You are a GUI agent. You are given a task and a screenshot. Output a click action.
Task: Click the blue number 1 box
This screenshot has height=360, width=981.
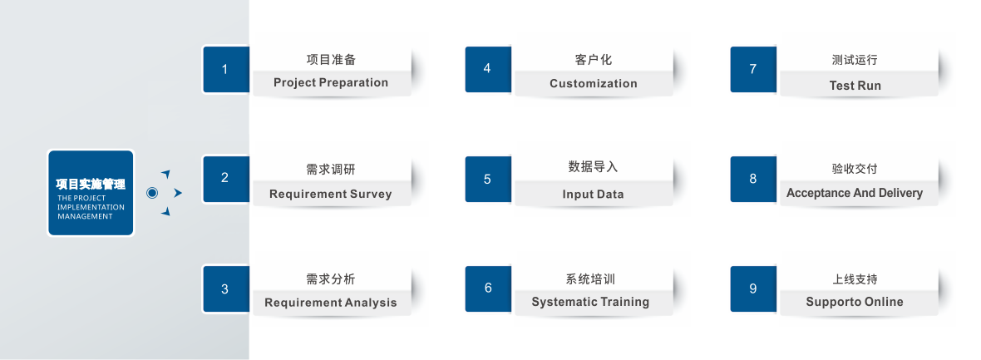point(226,69)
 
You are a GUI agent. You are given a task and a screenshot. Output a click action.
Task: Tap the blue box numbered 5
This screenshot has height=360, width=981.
point(488,179)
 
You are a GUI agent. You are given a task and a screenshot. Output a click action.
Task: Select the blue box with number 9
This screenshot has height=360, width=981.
point(753,288)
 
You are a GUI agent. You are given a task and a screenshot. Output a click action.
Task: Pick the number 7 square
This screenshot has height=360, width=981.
point(753,69)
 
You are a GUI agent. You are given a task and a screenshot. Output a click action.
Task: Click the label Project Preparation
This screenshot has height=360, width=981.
point(331,82)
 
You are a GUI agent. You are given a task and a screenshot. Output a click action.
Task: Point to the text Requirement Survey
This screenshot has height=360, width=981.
point(330,194)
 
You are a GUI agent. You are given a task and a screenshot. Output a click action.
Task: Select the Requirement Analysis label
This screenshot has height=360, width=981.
point(330,303)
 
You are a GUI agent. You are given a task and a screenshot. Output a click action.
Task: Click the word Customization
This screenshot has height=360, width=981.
point(593,83)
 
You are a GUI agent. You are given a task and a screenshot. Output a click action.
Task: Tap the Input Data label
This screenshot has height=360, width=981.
point(593,194)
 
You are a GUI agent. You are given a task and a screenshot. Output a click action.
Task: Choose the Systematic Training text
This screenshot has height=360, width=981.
point(590,302)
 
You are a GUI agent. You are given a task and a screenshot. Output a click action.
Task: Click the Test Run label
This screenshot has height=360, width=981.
point(855,86)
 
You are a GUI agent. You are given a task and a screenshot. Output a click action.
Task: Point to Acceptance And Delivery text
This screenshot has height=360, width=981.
point(855,193)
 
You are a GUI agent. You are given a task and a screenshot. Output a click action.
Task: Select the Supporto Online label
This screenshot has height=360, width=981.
point(855,302)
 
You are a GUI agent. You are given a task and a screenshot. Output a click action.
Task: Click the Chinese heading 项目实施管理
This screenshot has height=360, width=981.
point(90,185)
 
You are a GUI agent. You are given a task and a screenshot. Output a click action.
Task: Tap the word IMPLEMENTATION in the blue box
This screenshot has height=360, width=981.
point(91,207)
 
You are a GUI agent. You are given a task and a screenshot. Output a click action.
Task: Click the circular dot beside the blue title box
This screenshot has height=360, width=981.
point(151,193)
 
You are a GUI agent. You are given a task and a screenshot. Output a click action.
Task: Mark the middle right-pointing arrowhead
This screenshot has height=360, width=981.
point(178,193)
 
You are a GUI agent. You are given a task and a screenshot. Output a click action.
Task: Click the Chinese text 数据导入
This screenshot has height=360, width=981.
point(593,167)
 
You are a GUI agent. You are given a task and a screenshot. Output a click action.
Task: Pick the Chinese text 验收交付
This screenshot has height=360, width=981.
point(855,169)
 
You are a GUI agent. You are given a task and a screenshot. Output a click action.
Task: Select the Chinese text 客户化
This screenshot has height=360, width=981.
point(593,60)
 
